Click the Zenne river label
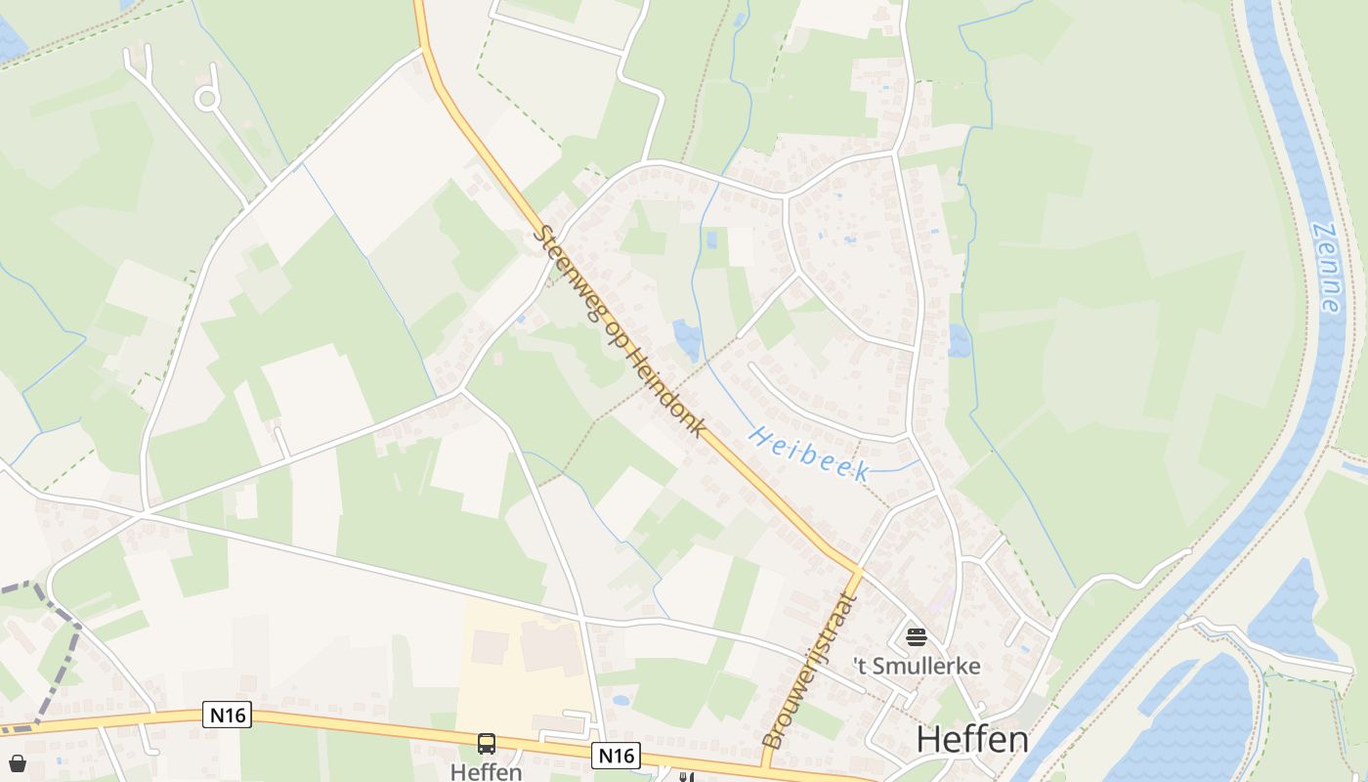coord(1326,268)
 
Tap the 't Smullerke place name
coord(917,667)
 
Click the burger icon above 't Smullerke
coord(917,637)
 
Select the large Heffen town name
coord(971,740)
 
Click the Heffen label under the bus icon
coord(487,771)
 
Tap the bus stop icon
coord(487,744)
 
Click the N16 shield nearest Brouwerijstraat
coord(616,755)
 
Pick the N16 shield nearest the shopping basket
coord(229,716)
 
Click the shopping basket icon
coord(17,762)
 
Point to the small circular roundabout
coord(206,98)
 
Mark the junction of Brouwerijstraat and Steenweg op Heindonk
coord(858,569)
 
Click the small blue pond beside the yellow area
coord(620,700)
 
